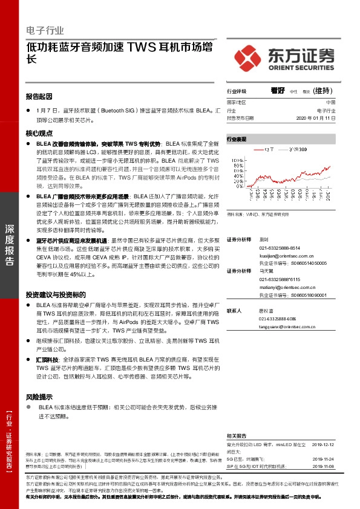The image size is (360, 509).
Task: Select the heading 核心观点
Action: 39,133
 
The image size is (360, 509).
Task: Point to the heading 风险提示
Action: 39,397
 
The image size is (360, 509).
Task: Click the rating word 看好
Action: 277,90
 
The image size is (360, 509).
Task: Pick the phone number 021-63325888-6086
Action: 278,319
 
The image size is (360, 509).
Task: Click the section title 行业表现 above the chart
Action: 237,139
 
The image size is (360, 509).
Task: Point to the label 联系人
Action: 234,310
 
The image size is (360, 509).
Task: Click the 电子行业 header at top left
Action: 45,30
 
